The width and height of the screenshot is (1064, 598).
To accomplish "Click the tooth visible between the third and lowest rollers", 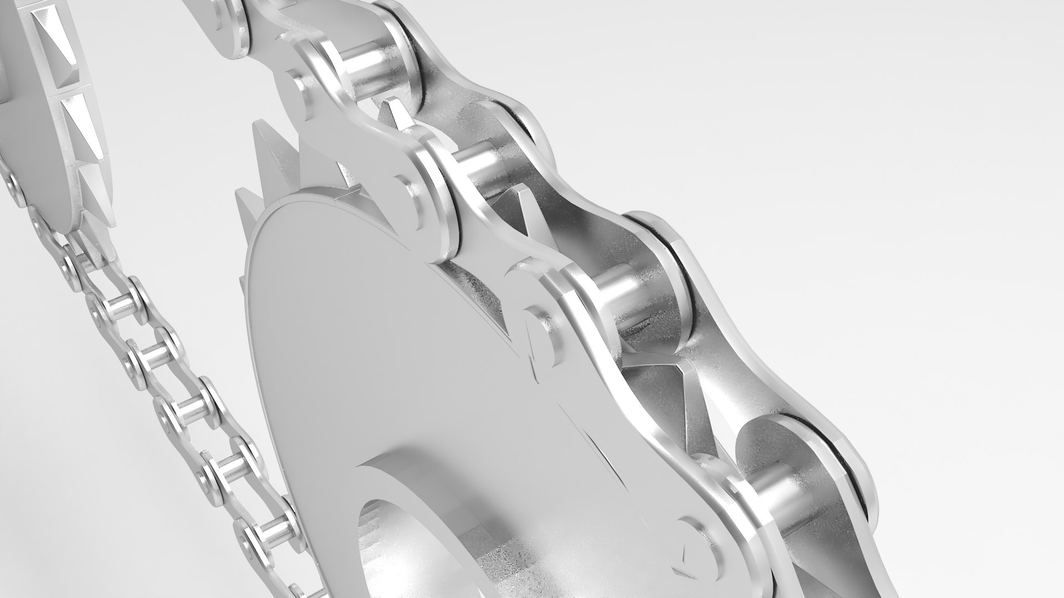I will [693, 388].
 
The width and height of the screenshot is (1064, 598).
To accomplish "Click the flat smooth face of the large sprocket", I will [360, 332].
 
